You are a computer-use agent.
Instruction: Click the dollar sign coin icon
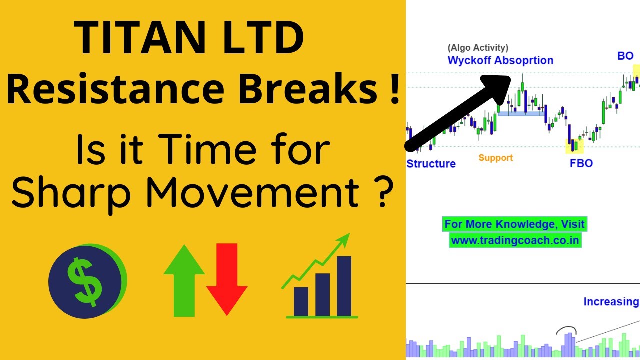[x=86, y=281]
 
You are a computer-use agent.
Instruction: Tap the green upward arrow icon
[x=184, y=280]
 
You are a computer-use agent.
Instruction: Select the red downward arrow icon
[x=227, y=280]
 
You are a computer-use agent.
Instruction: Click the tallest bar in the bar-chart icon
[x=344, y=286]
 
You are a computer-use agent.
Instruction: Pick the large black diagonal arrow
[x=457, y=112]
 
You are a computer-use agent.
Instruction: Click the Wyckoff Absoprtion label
[x=500, y=61]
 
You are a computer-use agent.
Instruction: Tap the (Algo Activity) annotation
[x=478, y=48]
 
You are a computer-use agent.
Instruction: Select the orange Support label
[x=495, y=158]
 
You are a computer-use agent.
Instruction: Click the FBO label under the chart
[x=581, y=163]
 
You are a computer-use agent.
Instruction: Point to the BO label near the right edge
[x=625, y=56]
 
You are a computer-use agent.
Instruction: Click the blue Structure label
[x=431, y=164]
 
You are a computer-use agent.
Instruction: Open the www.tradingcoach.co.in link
[x=515, y=240]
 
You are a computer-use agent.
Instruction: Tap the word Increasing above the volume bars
[x=611, y=302]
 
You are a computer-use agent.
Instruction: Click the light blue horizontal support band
[x=521, y=114]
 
